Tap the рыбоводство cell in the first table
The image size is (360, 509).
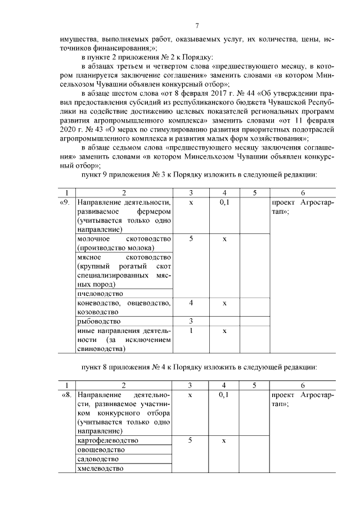click(95, 321)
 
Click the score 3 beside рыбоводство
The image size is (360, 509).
click(191, 321)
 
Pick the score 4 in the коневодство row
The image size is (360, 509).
click(191, 303)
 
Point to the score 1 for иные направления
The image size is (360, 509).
click(191, 331)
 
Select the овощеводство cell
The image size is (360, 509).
click(101, 450)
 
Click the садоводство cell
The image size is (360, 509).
click(98, 459)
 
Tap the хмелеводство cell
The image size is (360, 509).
click(100, 469)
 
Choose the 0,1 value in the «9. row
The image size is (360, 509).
click(224, 202)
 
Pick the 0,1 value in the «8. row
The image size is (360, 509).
click(224, 395)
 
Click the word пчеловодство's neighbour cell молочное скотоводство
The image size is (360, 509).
click(123, 243)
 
